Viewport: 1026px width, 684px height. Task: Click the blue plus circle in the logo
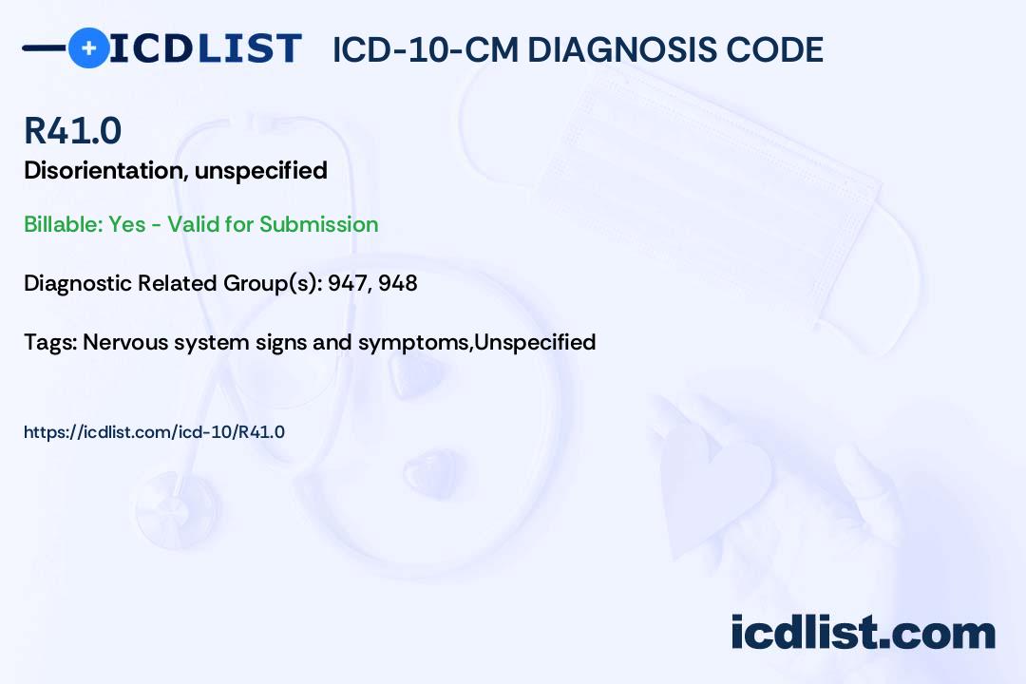coord(89,48)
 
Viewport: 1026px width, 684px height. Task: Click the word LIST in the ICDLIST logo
coord(249,48)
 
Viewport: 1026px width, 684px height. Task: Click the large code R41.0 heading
coord(72,130)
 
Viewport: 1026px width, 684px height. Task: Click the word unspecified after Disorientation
coord(261,171)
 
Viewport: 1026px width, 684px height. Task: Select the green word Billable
coord(63,224)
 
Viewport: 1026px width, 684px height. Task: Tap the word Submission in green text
coord(318,224)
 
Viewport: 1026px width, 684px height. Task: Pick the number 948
coord(398,283)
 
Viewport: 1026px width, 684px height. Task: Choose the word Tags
coord(50,342)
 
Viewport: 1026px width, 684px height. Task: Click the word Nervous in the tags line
coord(125,342)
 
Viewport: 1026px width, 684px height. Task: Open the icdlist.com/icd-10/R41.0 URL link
coord(155,432)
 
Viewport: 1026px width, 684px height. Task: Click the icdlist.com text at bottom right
coord(863,632)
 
